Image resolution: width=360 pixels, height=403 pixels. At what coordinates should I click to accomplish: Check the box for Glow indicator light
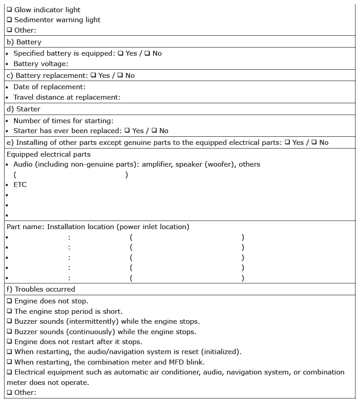[x=10, y=10]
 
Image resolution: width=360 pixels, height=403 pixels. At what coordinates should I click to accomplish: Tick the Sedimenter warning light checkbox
[x=10, y=20]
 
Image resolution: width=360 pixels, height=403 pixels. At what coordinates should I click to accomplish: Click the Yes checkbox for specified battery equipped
[x=120, y=53]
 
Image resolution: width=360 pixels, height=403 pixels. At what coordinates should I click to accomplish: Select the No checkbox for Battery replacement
[x=120, y=76]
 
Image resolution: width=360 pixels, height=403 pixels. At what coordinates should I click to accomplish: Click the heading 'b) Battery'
[x=24, y=42]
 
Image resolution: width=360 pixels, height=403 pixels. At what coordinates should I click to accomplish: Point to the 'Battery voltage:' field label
[x=41, y=64]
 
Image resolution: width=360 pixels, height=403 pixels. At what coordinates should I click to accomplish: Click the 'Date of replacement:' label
[x=49, y=86]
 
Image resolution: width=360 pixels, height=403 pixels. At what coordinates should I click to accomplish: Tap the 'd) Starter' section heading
[x=24, y=109]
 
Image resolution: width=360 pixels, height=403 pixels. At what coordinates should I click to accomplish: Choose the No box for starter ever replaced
[x=154, y=131]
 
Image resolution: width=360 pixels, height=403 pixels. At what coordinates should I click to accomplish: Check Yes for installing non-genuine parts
[x=287, y=143]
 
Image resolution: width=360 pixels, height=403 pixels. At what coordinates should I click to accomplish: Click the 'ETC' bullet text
[x=20, y=185]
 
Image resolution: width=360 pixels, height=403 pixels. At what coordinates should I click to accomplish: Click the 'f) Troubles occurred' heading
[x=41, y=289]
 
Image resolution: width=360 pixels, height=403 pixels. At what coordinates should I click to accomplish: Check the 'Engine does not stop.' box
[x=10, y=301]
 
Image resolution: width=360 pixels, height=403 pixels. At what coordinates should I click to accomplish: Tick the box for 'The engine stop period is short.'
[x=10, y=312]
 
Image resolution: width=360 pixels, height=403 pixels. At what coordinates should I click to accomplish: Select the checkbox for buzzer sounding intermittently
[x=10, y=321]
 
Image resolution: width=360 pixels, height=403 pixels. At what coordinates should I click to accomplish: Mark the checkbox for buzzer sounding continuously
[x=10, y=332]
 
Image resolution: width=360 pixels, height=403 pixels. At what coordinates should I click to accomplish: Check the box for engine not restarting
[x=10, y=342]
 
